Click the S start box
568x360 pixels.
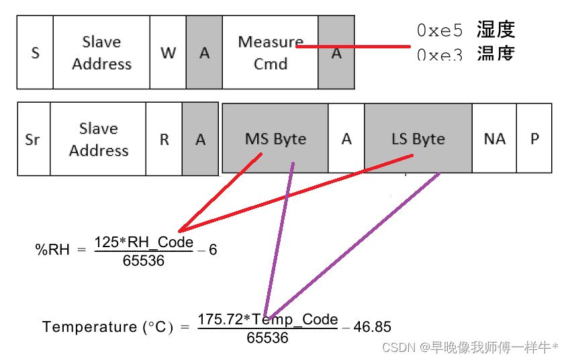pyautogui.click(x=35, y=52)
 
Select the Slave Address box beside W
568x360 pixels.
pyautogui.click(x=101, y=52)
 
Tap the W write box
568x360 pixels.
pyautogui.click(x=168, y=52)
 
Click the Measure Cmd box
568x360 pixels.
pyautogui.click(x=271, y=52)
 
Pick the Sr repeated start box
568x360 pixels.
pyautogui.click(x=33, y=139)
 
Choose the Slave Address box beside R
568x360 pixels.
pyautogui.click(x=99, y=139)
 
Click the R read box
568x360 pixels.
pyautogui.click(x=164, y=139)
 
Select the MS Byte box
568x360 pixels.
pyautogui.click(x=275, y=139)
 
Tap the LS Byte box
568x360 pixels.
pyautogui.click(x=418, y=139)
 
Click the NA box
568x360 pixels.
pyautogui.click(x=494, y=139)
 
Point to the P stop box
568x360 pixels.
pyautogui.click(x=534, y=139)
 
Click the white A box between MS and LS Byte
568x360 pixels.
pyautogui.click(x=346, y=139)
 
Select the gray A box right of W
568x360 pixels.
pyautogui.click(x=204, y=52)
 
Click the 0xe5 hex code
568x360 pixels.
pyautogui.click(x=440, y=30)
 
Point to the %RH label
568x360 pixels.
pyautogui.click(x=52, y=250)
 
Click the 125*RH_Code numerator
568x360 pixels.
pyautogui.click(x=144, y=242)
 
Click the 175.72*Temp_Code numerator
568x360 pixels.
pyautogui.click(x=268, y=319)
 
